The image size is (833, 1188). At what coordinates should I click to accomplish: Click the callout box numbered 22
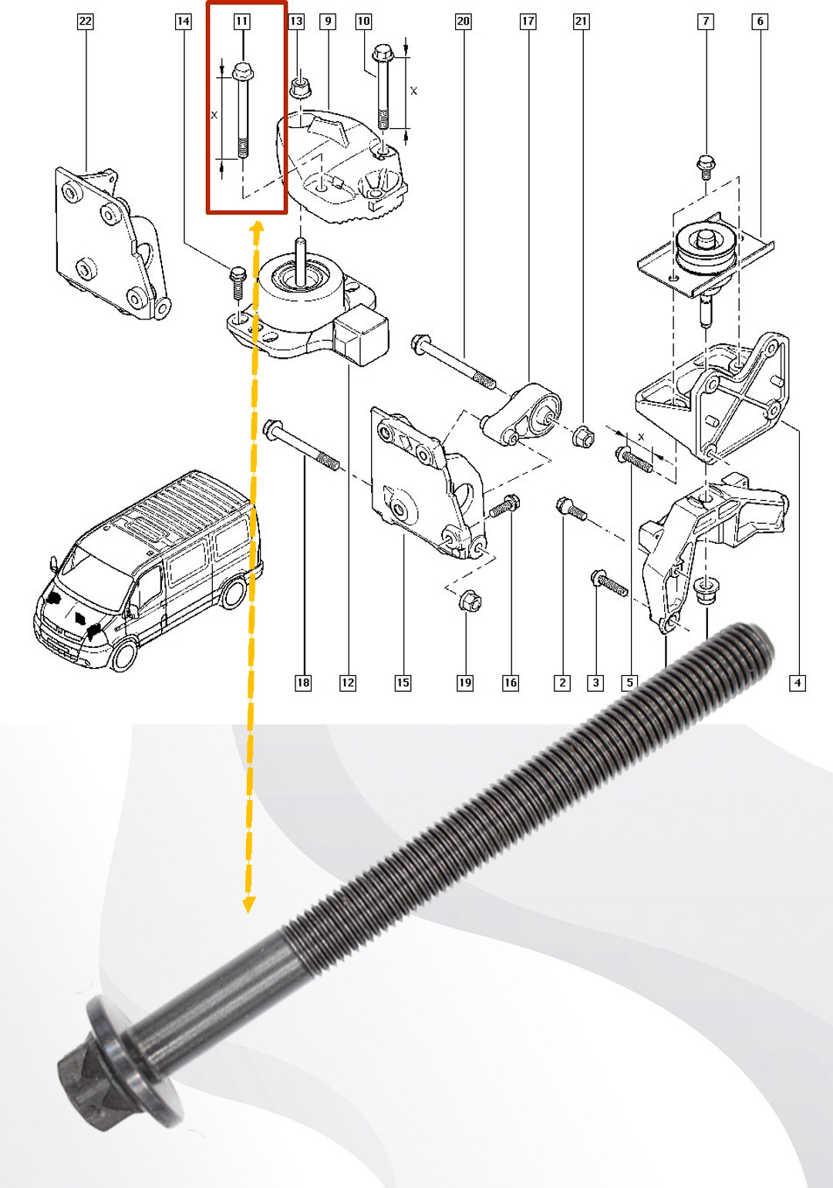tap(85, 22)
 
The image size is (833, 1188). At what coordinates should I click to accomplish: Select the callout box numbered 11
tap(241, 22)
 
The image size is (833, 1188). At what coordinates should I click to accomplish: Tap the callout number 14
tap(183, 22)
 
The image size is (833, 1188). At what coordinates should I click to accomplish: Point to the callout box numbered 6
tap(760, 22)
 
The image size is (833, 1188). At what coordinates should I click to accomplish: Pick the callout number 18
tap(303, 683)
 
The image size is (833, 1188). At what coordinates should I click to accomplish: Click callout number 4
tap(798, 683)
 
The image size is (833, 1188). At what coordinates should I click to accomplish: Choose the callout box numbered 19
tap(465, 683)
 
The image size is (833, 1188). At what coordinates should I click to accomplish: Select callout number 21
tap(581, 22)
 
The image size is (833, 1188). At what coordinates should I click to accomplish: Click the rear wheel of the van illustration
tap(233, 593)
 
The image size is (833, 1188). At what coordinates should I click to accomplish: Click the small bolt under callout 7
tap(706, 167)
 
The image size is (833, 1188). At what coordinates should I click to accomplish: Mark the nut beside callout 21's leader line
tap(583, 436)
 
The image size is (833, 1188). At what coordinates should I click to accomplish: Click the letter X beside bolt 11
tap(214, 114)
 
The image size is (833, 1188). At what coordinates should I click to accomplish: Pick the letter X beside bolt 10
tap(413, 91)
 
